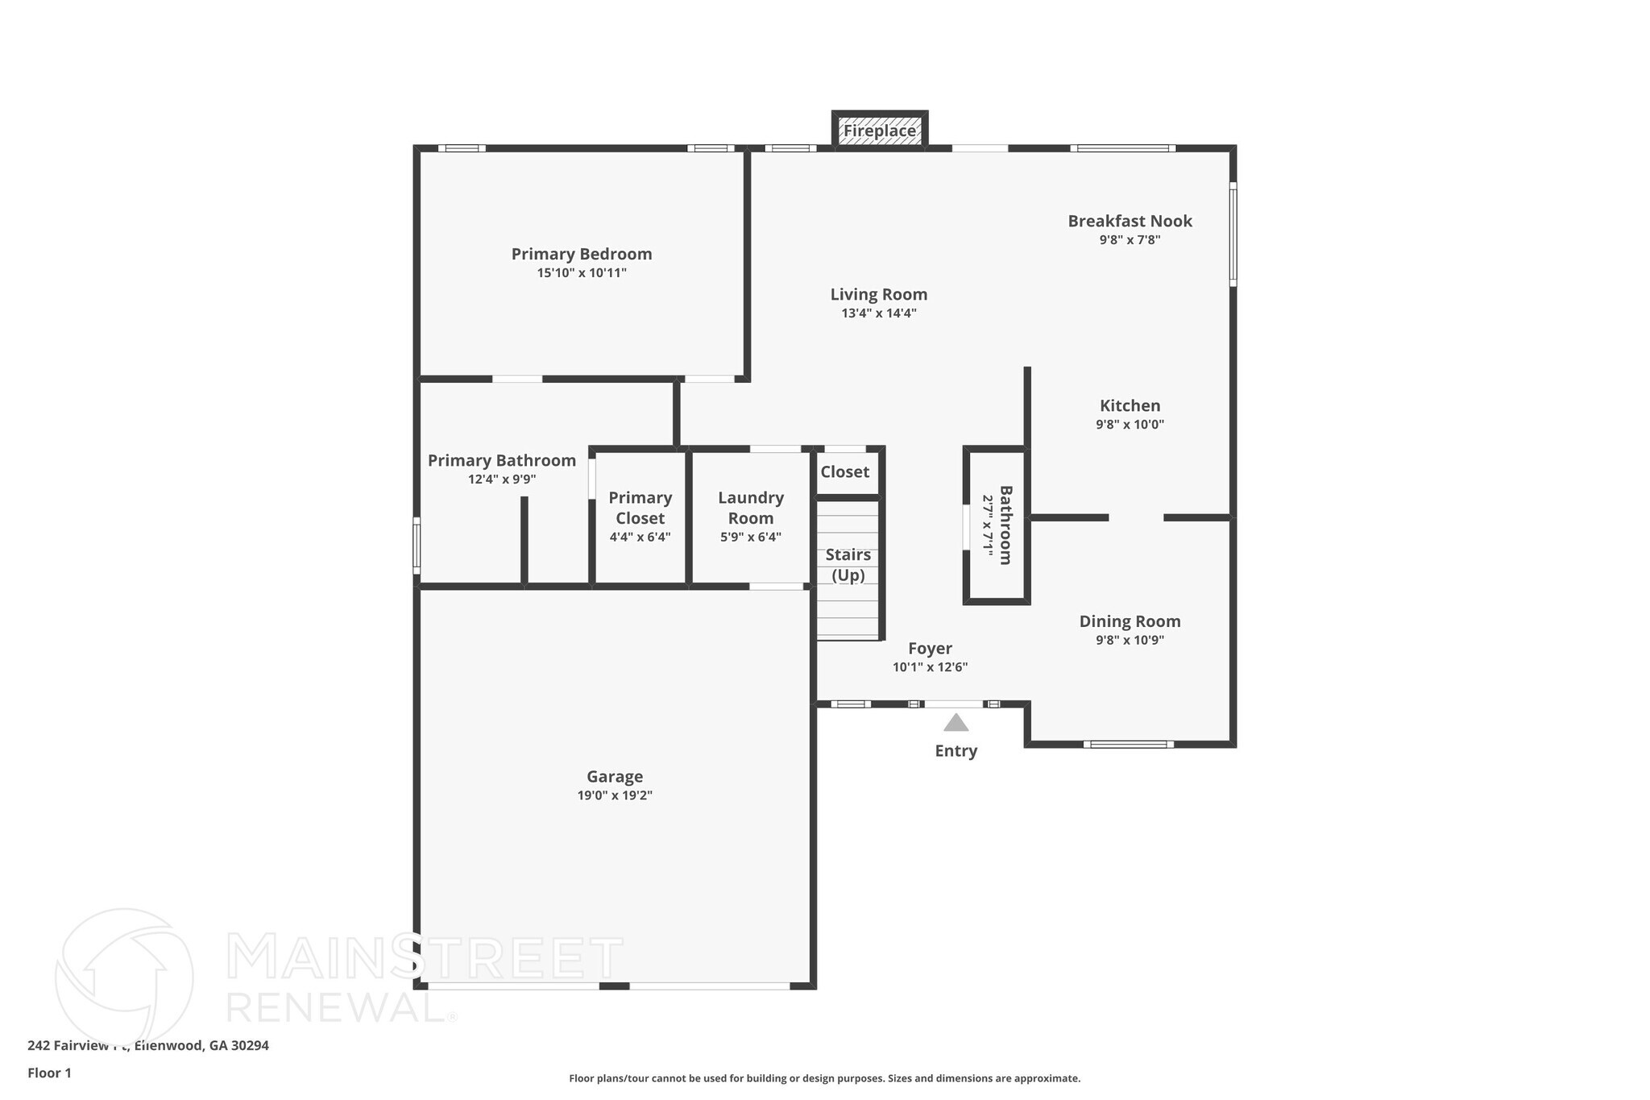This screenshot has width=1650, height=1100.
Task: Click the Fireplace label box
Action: point(879,131)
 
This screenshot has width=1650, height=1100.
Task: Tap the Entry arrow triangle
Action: point(956,723)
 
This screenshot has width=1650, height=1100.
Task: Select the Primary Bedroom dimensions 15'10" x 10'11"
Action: point(582,273)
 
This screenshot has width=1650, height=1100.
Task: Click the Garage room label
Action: point(615,776)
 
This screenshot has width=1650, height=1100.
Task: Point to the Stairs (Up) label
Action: point(848,564)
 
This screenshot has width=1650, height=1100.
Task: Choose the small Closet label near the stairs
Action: point(844,472)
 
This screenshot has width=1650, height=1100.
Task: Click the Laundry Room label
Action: point(750,508)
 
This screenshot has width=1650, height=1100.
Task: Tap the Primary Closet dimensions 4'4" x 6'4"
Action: point(640,537)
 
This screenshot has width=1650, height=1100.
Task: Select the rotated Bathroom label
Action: point(1005,525)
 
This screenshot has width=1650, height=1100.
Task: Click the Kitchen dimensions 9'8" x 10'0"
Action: point(1130,425)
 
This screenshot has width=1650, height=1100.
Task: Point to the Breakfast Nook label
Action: point(1130,221)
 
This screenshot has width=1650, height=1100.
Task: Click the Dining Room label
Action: point(1130,621)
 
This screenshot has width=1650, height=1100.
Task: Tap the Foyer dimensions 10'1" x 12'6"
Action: point(930,667)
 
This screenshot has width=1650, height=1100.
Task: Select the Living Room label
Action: point(878,295)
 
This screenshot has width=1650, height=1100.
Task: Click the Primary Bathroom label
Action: point(501,460)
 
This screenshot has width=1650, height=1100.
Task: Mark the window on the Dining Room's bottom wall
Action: point(1128,744)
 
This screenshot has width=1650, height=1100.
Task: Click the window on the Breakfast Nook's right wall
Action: point(1233,234)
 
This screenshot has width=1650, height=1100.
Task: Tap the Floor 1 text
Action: point(49,1073)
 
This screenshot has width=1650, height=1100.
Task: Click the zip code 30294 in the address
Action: point(250,1045)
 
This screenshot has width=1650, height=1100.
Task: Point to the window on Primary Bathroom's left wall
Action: point(417,546)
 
